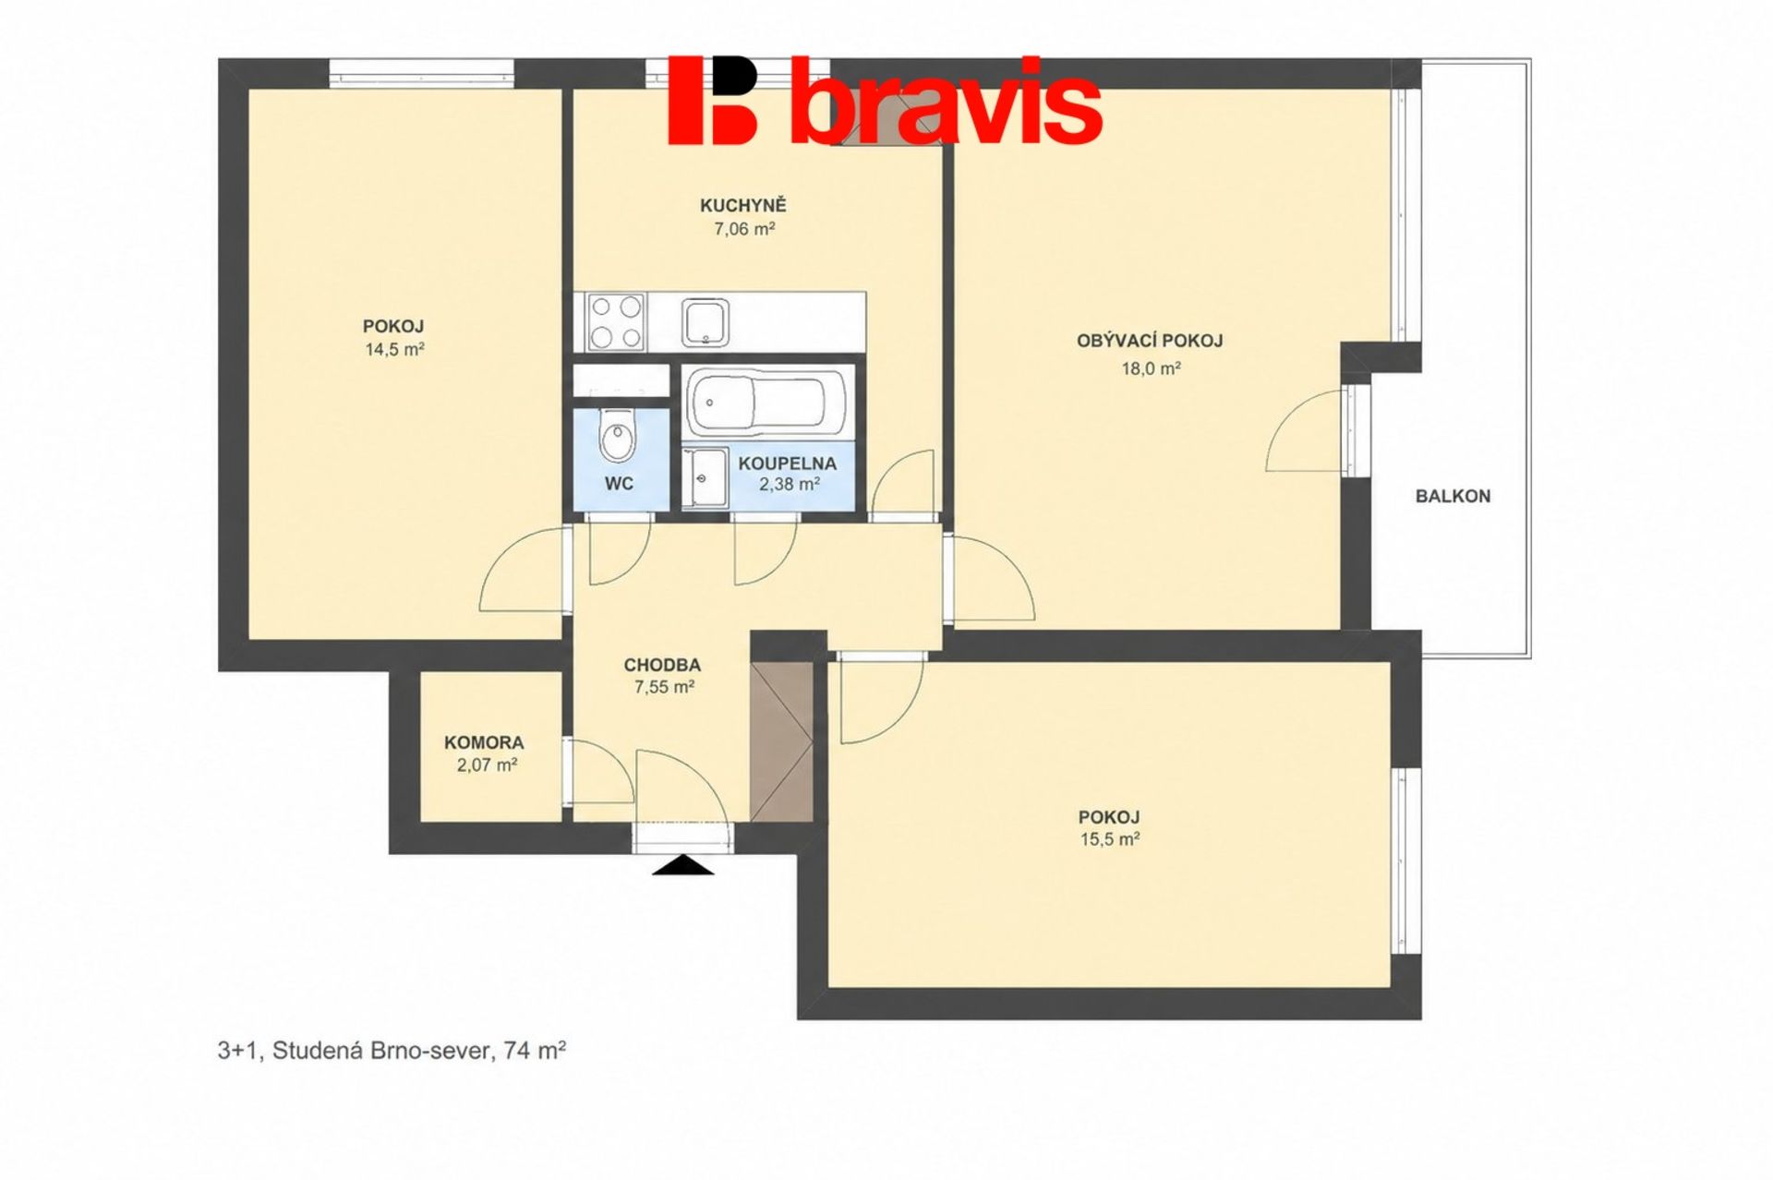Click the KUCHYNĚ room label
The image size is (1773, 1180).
coord(742,205)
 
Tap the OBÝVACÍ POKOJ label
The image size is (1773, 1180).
coord(1150,341)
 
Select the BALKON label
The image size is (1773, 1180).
coord(1453,496)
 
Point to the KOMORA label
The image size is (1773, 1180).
coord(484,742)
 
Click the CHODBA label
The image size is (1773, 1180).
coord(662,665)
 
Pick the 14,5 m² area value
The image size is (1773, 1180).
coord(395,349)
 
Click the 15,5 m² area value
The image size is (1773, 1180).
coord(1110,839)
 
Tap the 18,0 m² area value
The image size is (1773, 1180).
coord(1152,368)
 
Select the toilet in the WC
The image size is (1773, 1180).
coord(618,436)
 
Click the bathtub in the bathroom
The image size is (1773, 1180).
coord(766,402)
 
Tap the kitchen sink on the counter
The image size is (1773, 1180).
coord(706,322)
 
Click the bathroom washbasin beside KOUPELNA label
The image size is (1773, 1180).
coord(705,477)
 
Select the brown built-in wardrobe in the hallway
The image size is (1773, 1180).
coord(781,741)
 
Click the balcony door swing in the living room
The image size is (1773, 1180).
coord(1303,431)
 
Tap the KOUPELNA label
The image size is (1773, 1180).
coord(787,464)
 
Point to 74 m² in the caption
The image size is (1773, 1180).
coord(535,1050)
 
